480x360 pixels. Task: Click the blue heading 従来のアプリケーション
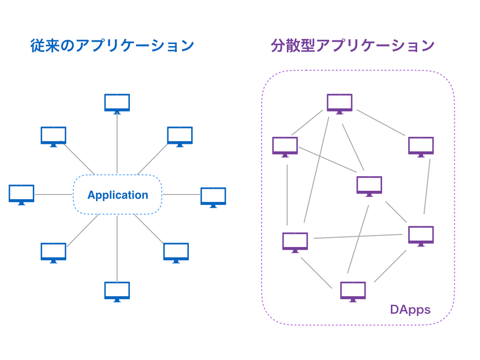[112, 45]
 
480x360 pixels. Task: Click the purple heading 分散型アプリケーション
[352, 45]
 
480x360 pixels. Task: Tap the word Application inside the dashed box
[118, 195]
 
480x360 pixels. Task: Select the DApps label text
[410, 309]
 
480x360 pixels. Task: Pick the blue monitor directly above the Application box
[117, 103]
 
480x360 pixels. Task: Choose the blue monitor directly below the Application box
[117, 291]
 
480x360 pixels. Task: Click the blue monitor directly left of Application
[22, 194]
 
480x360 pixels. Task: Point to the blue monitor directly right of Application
[213, 196]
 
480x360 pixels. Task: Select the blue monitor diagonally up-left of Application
[53, 135]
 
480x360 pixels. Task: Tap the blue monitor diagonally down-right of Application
[176, 252]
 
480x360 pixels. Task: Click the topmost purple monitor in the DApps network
[339, 103]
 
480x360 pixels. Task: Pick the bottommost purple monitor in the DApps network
[353, 291]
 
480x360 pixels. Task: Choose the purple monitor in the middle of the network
[369, 185]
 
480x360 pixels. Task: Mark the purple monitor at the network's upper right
[421, 146]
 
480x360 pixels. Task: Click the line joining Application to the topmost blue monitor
[117, 143]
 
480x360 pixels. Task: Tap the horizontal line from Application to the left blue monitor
[54, 194]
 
